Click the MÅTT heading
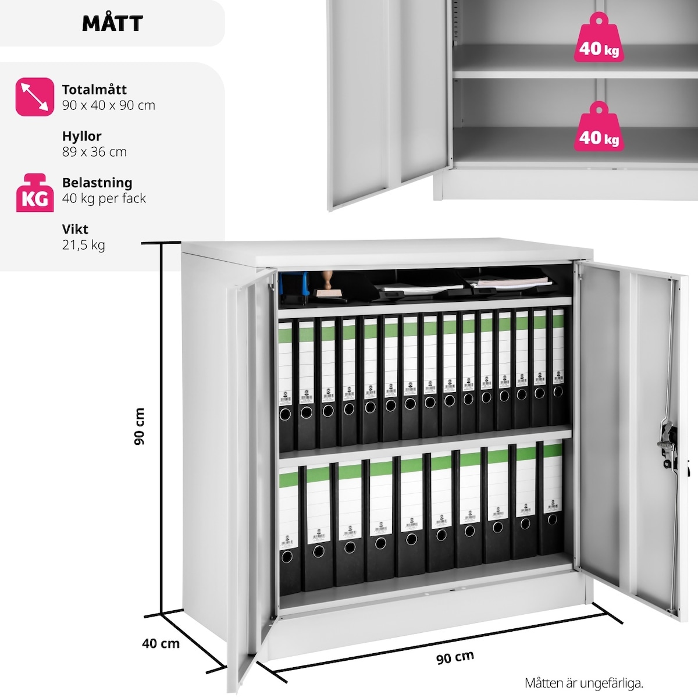112,23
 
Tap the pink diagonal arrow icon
35,97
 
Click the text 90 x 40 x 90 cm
109,105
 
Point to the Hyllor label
81,136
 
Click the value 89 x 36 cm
94,152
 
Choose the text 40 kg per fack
104,198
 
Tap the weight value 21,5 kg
83,245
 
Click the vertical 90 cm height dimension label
139,426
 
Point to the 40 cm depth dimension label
161,643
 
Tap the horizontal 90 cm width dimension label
455,657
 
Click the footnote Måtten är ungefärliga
584,683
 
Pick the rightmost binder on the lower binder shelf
551,500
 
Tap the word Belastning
97,183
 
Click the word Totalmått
94,90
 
